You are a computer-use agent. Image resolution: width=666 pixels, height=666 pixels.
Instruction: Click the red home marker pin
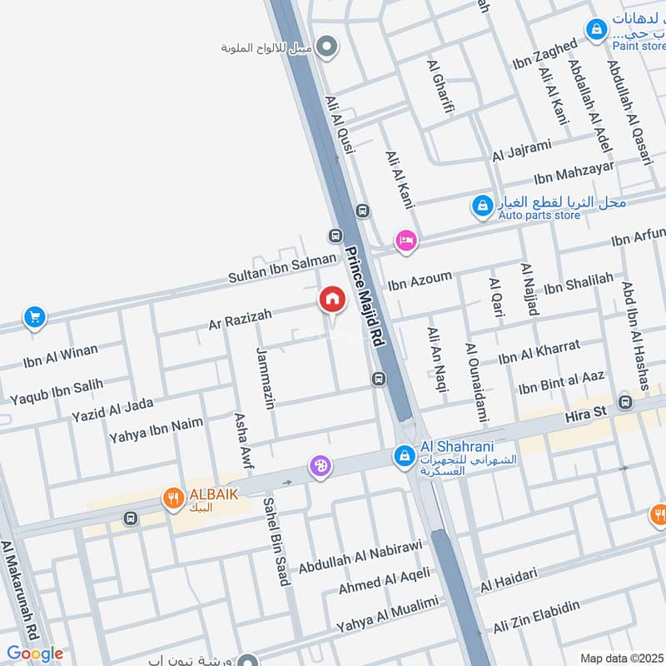(x=332, y=300)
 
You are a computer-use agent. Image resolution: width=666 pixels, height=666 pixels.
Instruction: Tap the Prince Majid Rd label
(x=366, y=296)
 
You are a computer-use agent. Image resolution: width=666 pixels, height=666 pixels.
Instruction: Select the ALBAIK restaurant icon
(x=173, y=499)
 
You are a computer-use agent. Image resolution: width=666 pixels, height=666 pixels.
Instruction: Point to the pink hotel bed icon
(x=406, y=241)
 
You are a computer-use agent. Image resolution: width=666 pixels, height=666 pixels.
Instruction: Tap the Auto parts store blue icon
(x=482, y=206)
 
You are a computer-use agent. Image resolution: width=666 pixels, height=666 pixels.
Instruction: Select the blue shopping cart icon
(x=34, y=317)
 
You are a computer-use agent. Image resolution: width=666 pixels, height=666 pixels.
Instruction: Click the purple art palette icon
(x=320, y=467)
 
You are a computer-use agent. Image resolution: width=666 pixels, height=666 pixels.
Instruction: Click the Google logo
(x=34, y=654)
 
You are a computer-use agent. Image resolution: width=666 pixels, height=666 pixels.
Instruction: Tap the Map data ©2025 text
(x=620, y=658)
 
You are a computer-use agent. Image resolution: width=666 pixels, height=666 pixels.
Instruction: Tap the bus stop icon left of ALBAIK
(x=130, y=518)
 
